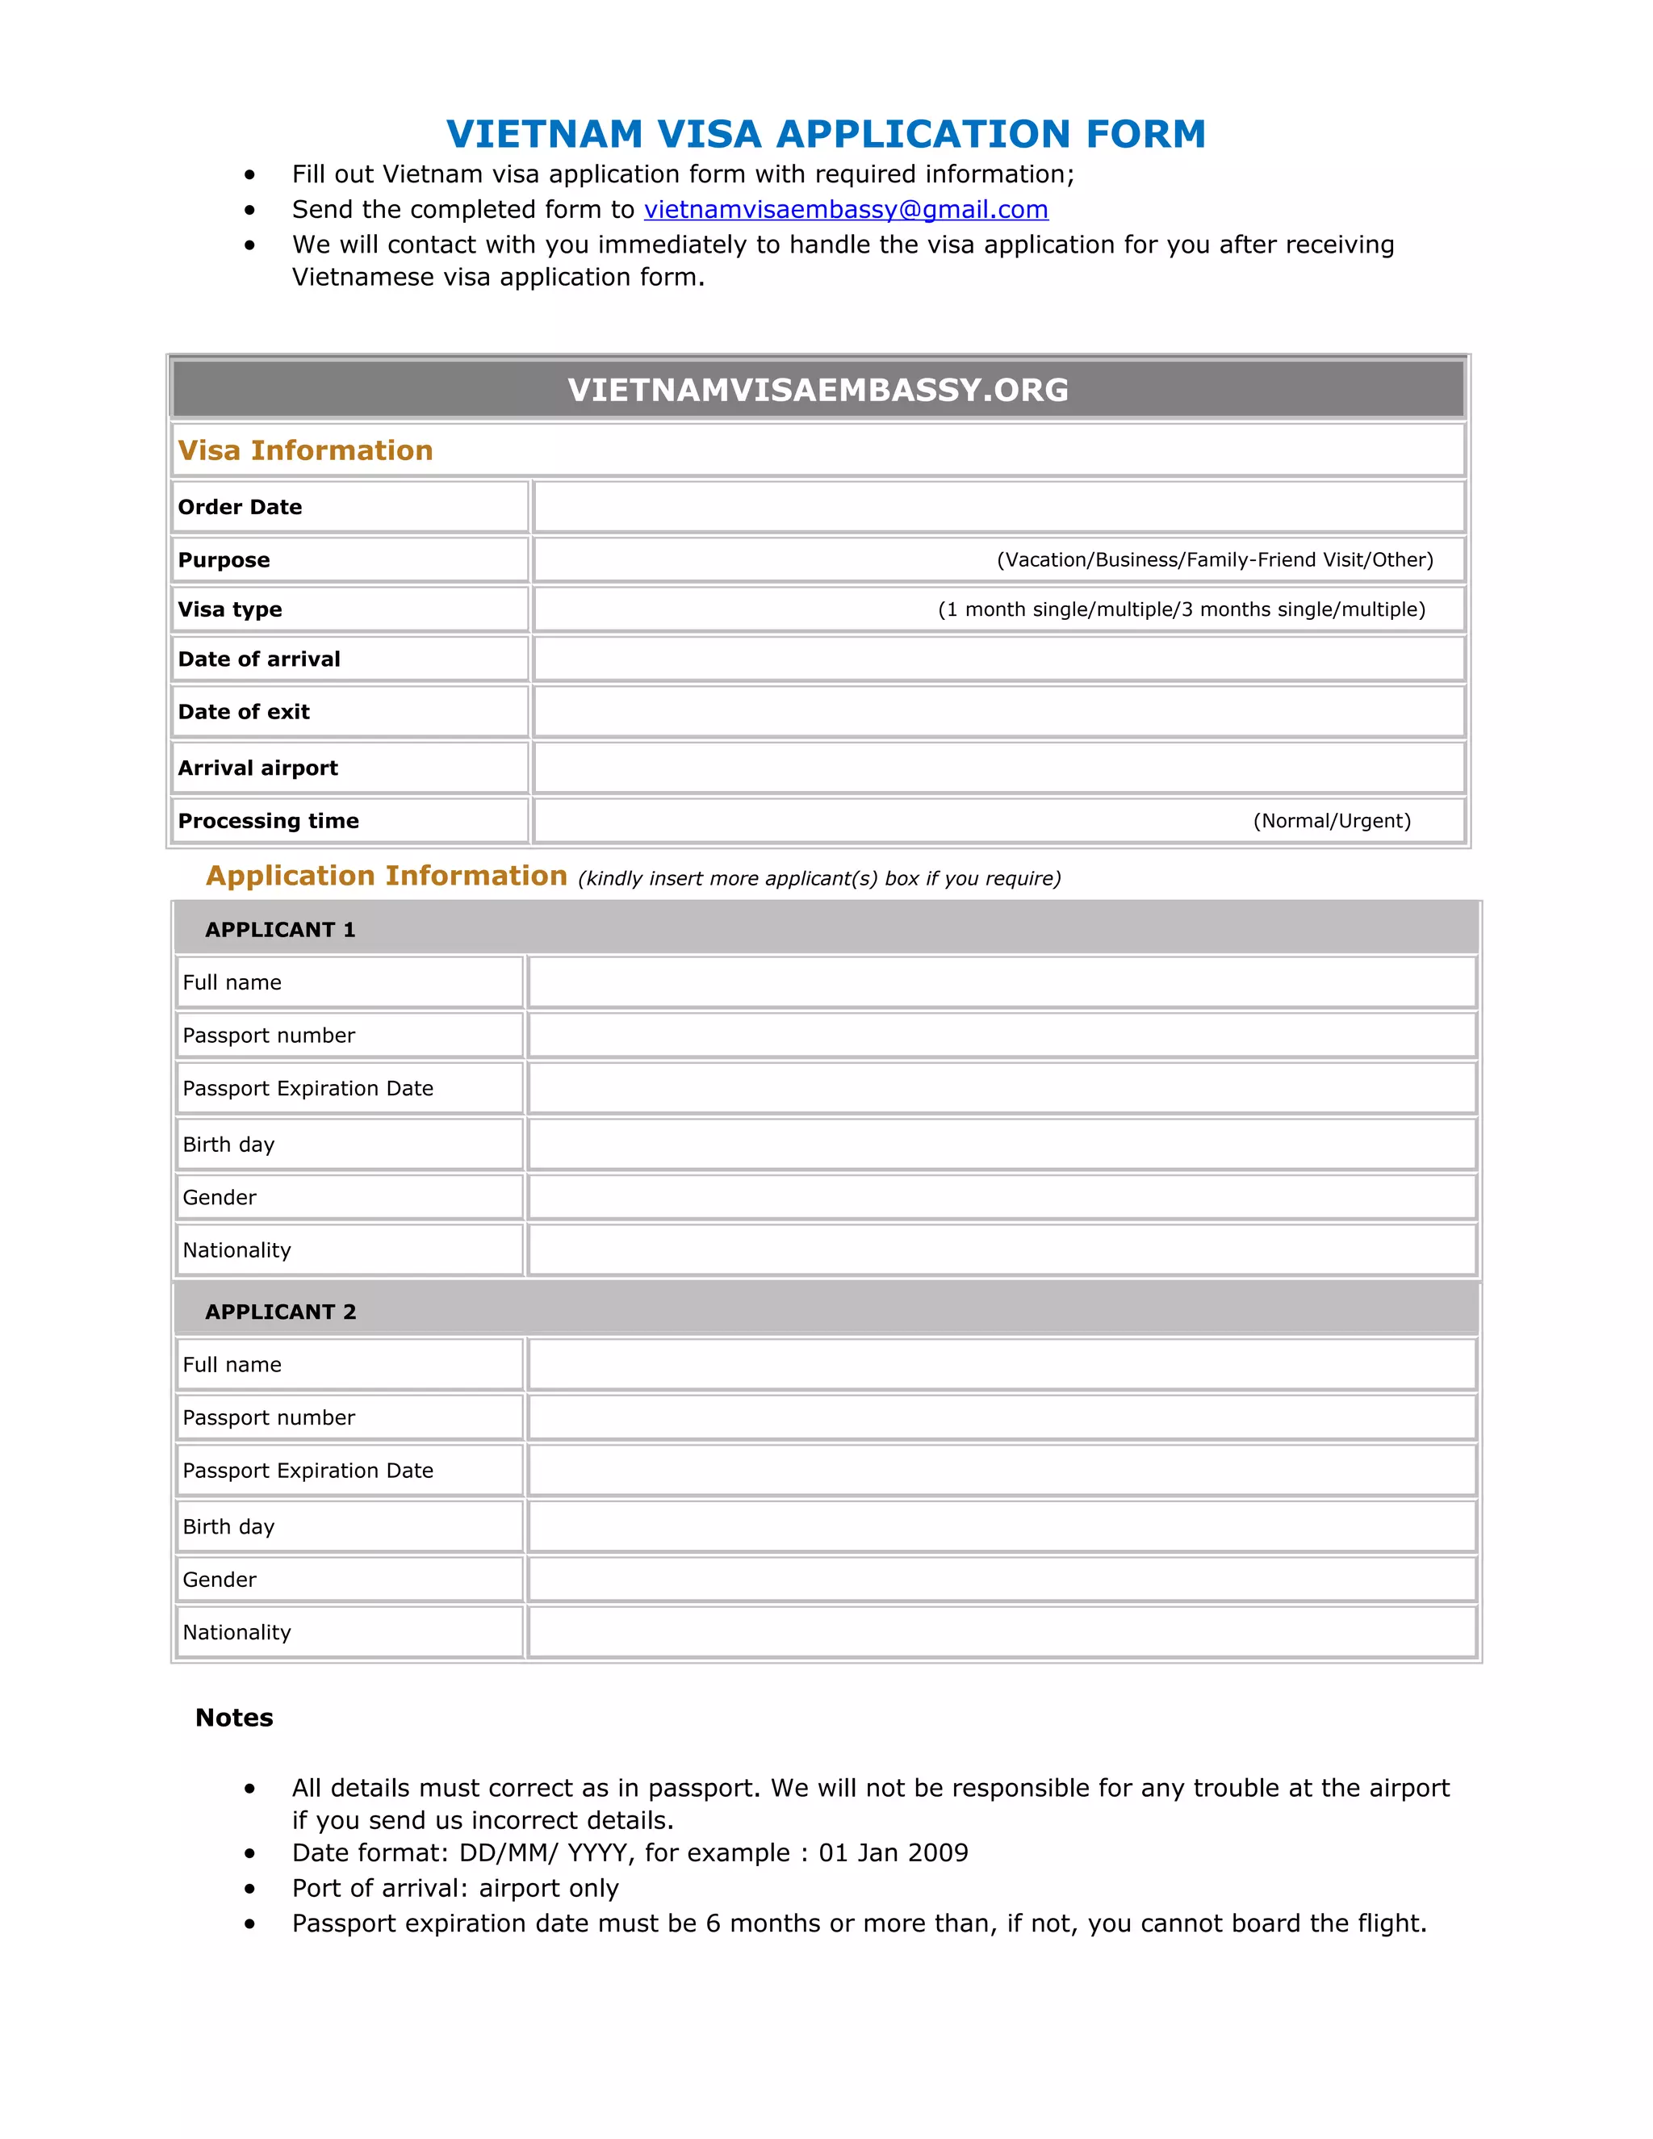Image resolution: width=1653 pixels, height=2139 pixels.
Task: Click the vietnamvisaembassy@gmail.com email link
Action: tap(845, 210)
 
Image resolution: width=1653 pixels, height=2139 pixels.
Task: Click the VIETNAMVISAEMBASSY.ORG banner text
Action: tap(818, 390)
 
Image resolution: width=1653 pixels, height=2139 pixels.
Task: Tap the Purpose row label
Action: tap(224, 560)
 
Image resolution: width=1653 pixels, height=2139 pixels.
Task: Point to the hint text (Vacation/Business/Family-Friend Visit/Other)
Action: tap(1214, 560)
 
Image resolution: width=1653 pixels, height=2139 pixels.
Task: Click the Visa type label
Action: tap(229, 609)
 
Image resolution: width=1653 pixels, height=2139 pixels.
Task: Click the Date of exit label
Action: tap(243, 712)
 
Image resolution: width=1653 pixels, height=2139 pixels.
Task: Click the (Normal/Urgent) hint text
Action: tap(1332, 821)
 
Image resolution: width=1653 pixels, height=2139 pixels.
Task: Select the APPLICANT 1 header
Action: tap(280, 929)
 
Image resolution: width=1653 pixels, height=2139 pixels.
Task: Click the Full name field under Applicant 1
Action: tap(1001, 982)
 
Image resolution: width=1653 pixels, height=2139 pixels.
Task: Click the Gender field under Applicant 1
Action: tap(1001, 1197)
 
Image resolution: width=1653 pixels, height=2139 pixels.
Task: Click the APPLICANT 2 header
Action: tap(280, 1312)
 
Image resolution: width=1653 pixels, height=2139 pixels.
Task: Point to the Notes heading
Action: tap(234, 1718)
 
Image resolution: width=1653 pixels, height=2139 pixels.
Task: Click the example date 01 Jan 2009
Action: tap(893, 1853)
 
